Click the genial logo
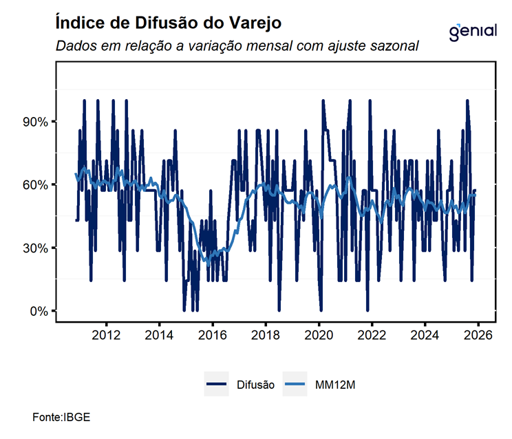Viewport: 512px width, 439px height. click(472, 32)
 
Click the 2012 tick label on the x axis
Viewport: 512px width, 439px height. click(106, 334)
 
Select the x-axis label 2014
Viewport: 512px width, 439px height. click(159, 334)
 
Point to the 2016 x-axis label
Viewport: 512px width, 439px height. click(212, 334)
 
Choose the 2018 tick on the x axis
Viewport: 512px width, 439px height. click(266, 334)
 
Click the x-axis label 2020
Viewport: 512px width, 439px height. click(319, 334)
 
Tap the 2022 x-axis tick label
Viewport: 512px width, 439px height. click(372, 334)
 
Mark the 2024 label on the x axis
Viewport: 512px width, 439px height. click(425, 334)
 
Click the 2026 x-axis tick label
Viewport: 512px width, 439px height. click(478, 334)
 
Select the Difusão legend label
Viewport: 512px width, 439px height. click(255, 385)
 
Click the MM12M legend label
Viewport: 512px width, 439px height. click(335, 385)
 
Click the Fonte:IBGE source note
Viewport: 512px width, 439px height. click(61, 418)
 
